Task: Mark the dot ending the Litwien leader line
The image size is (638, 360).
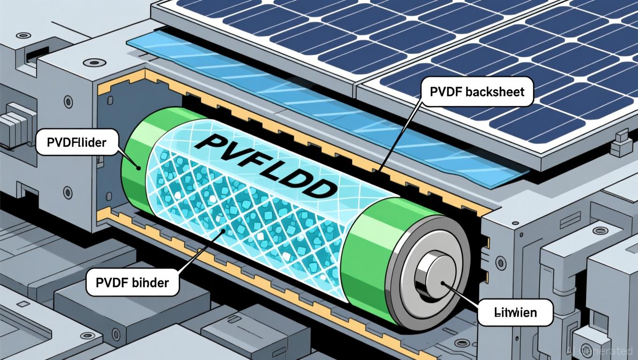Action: click(x=443, y=283)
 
